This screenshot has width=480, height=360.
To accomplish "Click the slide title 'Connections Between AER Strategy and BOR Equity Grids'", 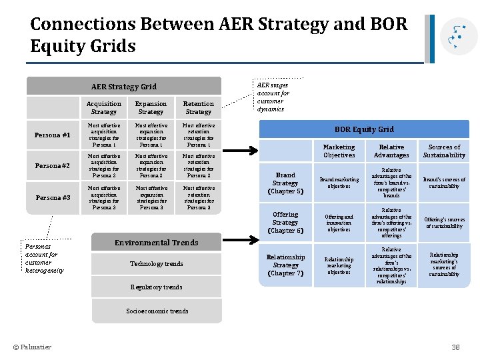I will [x=218, y=35].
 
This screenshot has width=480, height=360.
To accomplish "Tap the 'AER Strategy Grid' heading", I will [x=123, y=86].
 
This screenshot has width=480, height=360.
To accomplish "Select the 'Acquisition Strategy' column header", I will [x=104, y=107].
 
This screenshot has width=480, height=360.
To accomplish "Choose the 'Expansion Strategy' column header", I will [x=151, y=107].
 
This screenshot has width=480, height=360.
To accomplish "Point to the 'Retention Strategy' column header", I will [x=199, y=107].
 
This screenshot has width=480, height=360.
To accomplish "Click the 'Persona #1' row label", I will [x=53, y=135].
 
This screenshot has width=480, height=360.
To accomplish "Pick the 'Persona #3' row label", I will [x=53, y=197].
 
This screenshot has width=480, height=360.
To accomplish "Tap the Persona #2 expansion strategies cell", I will [x=151, y=166].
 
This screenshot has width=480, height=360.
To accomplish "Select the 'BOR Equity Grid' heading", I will [x=364, y=129].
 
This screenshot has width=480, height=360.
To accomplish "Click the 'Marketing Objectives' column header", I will [x=339, y=151].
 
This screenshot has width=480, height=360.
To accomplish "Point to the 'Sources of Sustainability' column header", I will [x=444, y=151].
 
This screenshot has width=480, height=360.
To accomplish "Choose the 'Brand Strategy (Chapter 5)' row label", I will [x=285, y=183].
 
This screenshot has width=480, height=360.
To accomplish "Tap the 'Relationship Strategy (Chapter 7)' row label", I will [x=285, y=265].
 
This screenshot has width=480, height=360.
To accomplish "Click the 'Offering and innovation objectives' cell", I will [x=339, y=223].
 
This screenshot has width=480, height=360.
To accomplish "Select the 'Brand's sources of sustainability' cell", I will [x=444, y=183].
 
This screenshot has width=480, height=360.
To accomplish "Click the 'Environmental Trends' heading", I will [x=156, y=243].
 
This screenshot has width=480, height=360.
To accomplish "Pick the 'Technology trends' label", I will [x=156, y=264].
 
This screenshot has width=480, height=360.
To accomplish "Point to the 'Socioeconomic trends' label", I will [x=157, y=311].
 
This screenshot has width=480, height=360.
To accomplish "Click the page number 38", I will [x=456, y=347].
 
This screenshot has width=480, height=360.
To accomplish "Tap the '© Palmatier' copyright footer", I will [x=32, y=347].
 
